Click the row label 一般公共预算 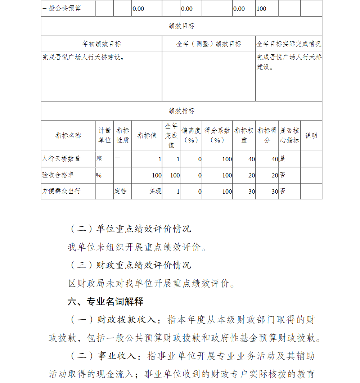coord(62,9)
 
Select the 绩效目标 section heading coord(181,26)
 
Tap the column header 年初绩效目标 coord(102,44)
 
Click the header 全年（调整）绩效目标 coord(209,44)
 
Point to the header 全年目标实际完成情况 coord(289,44)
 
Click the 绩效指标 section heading coord(181,111)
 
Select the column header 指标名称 coord(68,136)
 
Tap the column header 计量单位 coord(104,136)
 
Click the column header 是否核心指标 coord(289,136)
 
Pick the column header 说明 coord(311,136)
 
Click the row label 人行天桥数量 coord(61,159)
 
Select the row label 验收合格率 coord(58,175)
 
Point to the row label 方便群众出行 coord(61,191)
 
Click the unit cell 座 coord(99,159)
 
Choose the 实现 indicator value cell coord(155,191)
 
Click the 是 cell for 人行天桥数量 coord(283,159)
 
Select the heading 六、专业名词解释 coord(105,302)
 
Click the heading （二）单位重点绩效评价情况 coord(130,229)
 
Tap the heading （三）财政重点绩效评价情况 coord(130,265)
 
